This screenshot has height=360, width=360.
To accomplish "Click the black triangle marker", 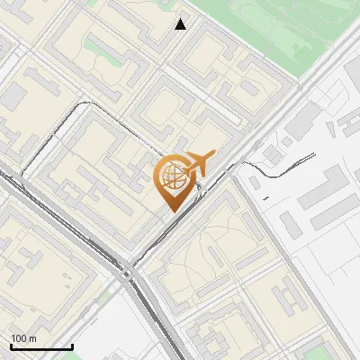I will pyautogui.click(x=181, y=24).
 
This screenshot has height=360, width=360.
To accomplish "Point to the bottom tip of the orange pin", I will pyautogui.click(x=171, y=211).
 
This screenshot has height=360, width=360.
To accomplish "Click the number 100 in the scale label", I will pyautogui.click(x=18, y=338).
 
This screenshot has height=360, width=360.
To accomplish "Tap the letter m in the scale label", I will pyautogui.click(x=31, y=338).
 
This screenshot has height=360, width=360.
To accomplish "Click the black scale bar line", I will pyautogui.click(x=40, y=346).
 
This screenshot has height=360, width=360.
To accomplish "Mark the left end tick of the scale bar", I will pyautogui.click(x=11, y=345).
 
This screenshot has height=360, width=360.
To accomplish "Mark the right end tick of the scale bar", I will pyautogui.click(x=72, y=345).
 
